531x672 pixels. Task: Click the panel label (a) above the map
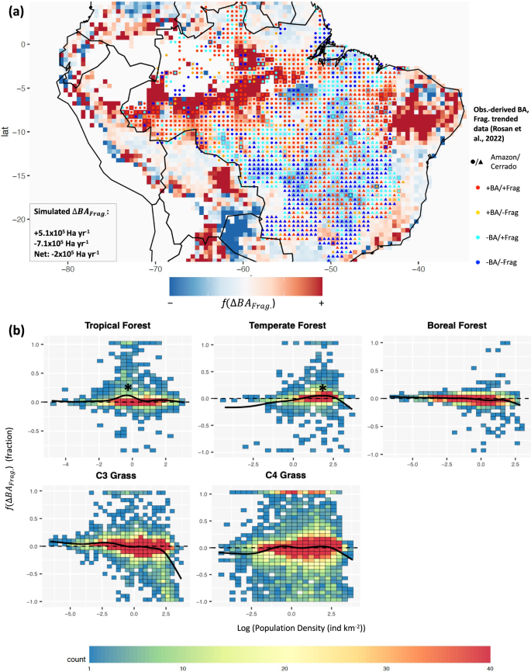pos(22,10)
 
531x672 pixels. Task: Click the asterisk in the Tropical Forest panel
pos(128,388)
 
